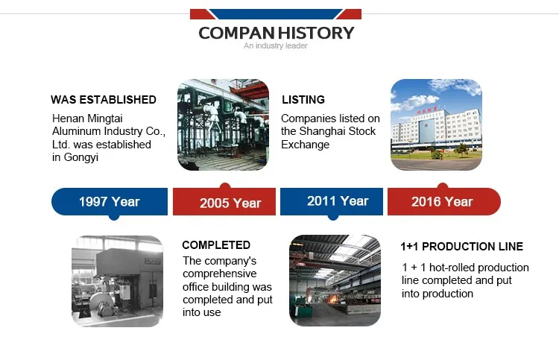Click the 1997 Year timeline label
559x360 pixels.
point(109,202)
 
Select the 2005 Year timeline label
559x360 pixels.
point(230,203)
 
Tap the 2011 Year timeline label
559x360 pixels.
point(338,201)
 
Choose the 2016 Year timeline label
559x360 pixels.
point(442,202)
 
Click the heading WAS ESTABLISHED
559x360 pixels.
point(104,99)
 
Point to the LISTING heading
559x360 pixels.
point(303,99)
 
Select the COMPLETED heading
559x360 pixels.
point(216,245)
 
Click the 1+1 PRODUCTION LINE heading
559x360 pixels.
point(461,246)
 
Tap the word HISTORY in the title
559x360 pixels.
point(316,33)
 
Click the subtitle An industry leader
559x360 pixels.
point(276,45)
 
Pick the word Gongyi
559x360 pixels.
point(81,157)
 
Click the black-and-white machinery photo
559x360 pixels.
point(117,281)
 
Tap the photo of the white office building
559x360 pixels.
point(436,124)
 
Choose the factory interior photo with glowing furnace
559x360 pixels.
point(335,280)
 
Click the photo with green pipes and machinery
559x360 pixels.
point(223,124)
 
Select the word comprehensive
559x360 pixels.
point(220,274)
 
